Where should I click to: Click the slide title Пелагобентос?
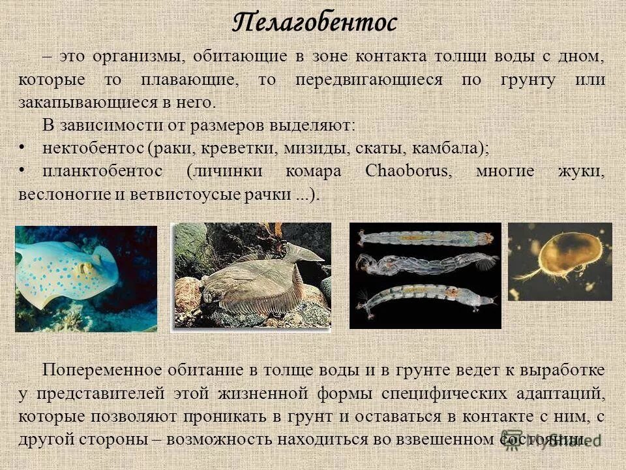coord(314,23)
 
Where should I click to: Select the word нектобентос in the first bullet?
coord(93,148)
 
